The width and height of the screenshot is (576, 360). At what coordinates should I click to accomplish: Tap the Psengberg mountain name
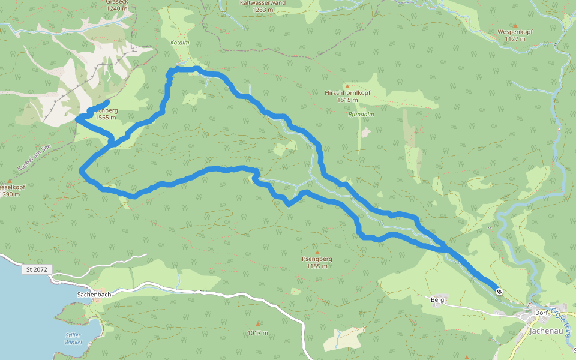(x=317, y=259)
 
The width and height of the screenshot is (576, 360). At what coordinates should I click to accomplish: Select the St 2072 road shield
(x=37, y=270)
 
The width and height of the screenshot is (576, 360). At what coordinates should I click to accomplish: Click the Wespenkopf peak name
(x=515, y=32)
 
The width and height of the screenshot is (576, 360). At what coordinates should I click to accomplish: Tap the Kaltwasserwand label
(x=262, y=2)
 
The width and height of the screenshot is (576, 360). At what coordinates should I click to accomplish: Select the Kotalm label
(x=180, y=43)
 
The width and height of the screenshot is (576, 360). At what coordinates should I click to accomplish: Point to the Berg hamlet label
(x=437, y=299)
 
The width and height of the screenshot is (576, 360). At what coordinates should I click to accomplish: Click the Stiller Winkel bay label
(x=73, y=338)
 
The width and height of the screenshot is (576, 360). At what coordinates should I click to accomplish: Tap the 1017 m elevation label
(x=257, y=332)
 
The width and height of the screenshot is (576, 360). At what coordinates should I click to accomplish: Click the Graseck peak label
(x=117, y=2)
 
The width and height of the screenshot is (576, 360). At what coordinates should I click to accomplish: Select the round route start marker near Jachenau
(x=499, y=292)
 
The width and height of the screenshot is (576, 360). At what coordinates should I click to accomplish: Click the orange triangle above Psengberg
(x=317, y=252)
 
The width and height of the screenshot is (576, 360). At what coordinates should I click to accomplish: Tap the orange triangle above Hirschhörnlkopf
(x=346, y=86)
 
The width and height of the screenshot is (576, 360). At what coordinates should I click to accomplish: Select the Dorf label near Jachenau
(x=542, y=313)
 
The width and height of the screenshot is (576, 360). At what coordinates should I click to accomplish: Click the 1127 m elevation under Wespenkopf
(x=515, y=39)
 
